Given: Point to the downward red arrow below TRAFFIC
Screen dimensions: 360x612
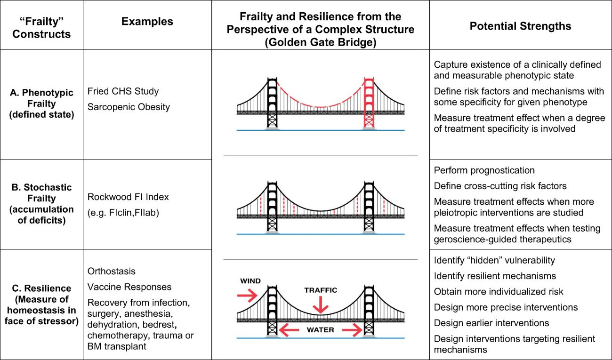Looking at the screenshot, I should point(321,305).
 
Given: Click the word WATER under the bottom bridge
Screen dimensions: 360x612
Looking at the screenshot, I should point(320,330).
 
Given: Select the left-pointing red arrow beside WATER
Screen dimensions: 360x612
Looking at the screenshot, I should point(289,330).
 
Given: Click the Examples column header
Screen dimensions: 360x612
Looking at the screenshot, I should point(147,22).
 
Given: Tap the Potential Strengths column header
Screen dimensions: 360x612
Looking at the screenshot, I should point(520,26).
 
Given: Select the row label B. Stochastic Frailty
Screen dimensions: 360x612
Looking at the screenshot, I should point(41,187).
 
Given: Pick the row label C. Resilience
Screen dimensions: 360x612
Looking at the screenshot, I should point(41,288).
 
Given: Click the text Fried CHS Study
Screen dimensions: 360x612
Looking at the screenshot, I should point(123,91).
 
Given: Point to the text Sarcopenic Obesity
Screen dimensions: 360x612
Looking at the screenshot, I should point(129,107).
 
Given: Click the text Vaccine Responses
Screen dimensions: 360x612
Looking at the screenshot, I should point(129,287).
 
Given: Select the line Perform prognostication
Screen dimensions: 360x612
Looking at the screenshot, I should point(484,170).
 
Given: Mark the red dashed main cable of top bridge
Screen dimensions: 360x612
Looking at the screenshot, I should point(320,107).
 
